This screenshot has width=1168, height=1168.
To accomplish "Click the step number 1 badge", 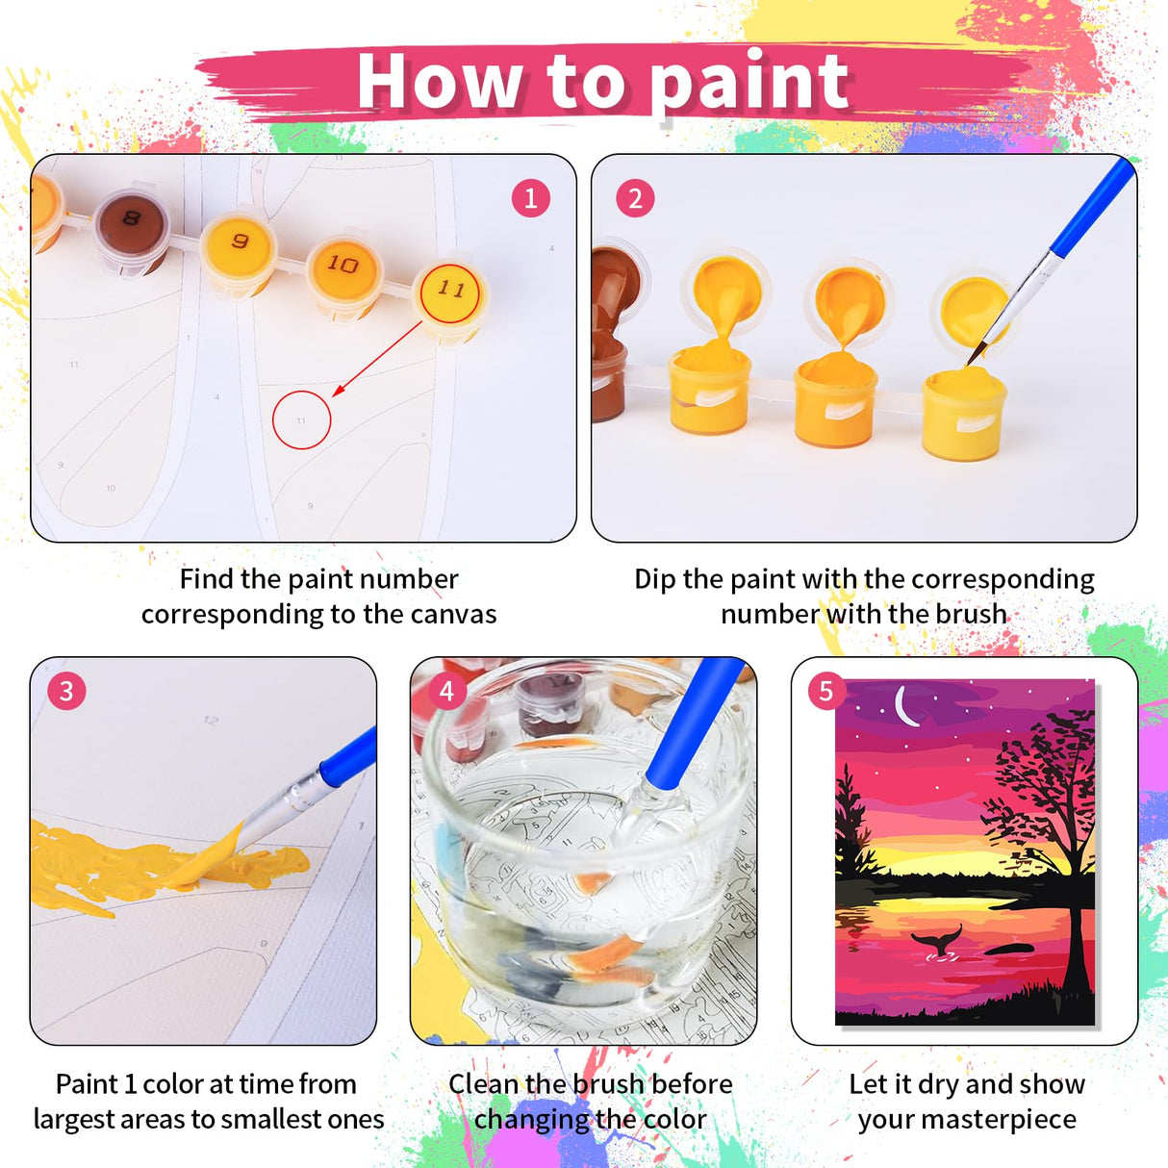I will [530, 199].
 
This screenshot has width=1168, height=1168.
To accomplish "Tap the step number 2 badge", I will [635, 199].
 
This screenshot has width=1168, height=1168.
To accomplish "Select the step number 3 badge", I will [66, 691].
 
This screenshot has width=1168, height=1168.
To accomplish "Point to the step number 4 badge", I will [446, 691].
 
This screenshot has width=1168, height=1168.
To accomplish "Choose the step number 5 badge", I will [826, 691].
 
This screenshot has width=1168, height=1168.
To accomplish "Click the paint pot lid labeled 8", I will [131, 220].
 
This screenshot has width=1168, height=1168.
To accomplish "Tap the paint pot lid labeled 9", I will [239, 241].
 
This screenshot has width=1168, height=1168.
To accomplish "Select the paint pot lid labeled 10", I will [343, 265].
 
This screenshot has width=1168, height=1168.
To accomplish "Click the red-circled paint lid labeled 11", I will [450, 290].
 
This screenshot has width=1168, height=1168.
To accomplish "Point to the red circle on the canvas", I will [301, 420].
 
